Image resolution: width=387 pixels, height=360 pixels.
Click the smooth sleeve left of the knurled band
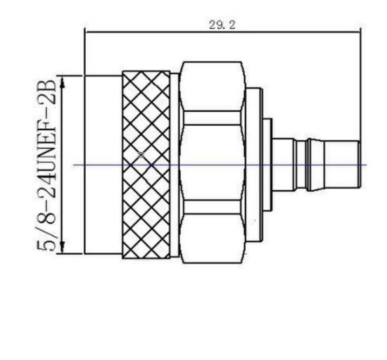point(103,165)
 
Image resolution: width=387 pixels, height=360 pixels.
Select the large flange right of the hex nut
point(254,165)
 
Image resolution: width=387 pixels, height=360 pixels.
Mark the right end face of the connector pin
point(359,165)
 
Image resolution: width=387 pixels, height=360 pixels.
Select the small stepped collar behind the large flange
point(268,165)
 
